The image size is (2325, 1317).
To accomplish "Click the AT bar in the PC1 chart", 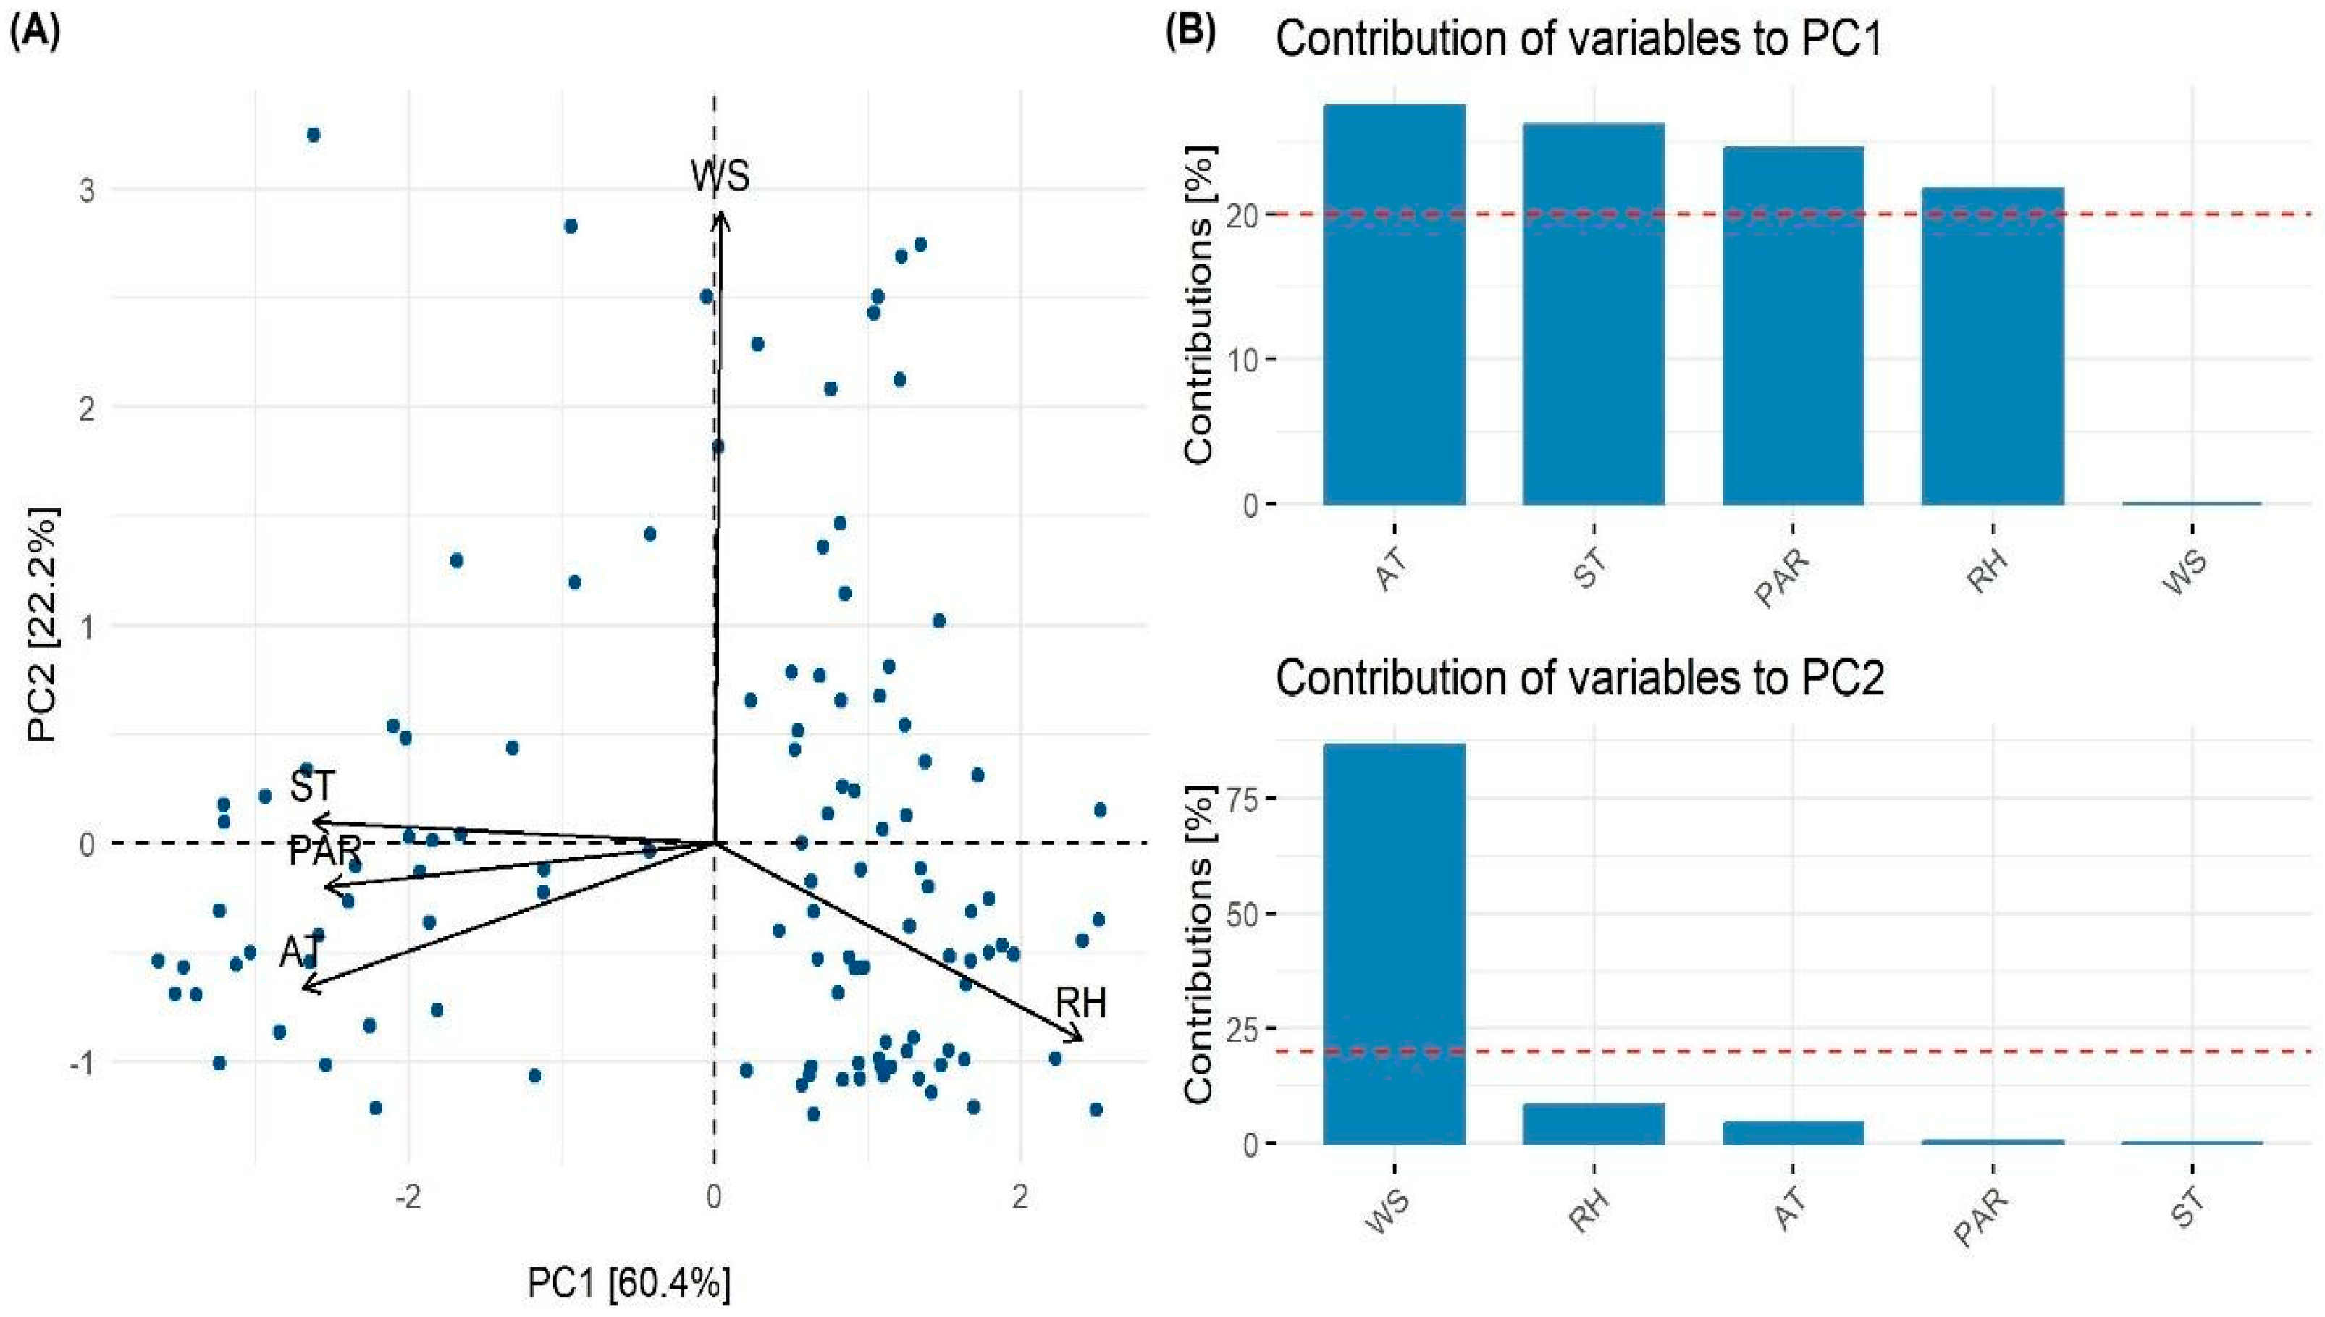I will coord(1394,308).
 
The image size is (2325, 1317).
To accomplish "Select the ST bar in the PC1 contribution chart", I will coord(1594,316).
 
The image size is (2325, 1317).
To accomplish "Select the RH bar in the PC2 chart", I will coord(1594,1124).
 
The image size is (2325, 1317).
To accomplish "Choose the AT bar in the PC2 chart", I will coord(1792,1132).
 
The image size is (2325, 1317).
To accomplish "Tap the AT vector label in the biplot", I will coord(300,951).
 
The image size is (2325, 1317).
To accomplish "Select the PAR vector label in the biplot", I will coord(324,851).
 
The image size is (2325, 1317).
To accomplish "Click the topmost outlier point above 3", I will coord(314,135).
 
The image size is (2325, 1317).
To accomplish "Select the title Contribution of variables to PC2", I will coord(1579,678).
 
